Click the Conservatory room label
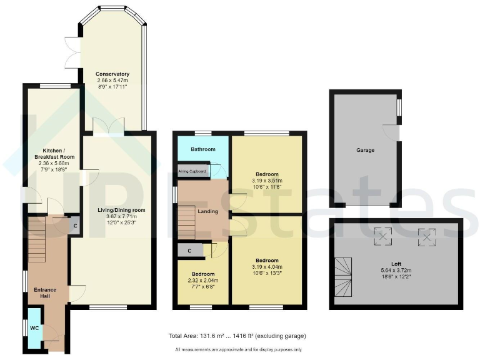tap(112, 74)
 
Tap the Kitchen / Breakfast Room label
tap(54, 153)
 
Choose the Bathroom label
tap(203, 149)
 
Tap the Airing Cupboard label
tap(192, 171)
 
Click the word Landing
tap(208, 211)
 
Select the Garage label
tap(366, 151)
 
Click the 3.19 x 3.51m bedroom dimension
tap(266, 182)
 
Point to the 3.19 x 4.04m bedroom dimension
tap(266, 267)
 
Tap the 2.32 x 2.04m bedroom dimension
tap(203, 281)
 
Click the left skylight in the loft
tap(382, 237)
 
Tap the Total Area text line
tap(237, 336)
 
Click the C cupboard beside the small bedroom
tap(189, 251)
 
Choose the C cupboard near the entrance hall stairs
tap(75, 226)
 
